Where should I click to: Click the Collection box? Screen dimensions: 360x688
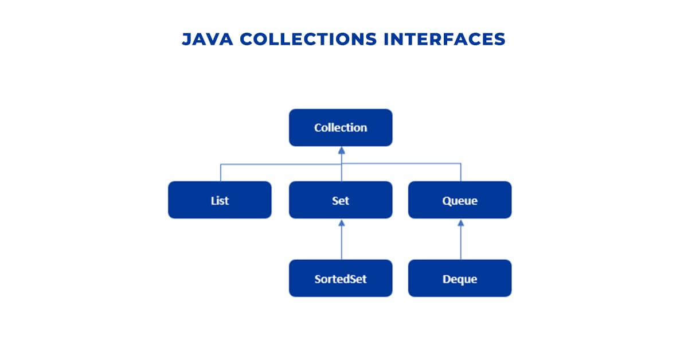[x=341, y=127]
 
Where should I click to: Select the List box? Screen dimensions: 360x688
[x=220, y=200]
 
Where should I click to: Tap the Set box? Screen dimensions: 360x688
[x=341, y=200]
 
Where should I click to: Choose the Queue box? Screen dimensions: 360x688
[x=460, y=200]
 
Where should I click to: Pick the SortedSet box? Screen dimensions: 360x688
[x=341, y=279]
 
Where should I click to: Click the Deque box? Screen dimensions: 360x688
[x=460, y=279]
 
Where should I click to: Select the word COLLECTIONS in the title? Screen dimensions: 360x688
[x=309, y=39]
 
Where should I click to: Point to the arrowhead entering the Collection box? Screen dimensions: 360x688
[x=342, y=150]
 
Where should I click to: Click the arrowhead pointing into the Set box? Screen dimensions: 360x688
[x=342, y=222]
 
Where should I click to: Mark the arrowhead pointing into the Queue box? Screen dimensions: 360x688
[x=460, y=222]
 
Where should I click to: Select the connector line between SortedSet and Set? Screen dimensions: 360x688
[x=342, y=244]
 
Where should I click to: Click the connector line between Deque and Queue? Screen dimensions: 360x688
[x=460, y=244]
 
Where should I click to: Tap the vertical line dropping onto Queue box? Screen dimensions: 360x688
[x=460, y=173]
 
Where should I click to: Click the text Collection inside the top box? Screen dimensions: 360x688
[x=341, y=128]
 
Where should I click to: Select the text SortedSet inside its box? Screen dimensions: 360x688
[x=341, y=279]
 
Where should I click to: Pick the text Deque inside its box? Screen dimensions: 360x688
[x=460, y=279]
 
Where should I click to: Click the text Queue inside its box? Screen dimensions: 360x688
[x=460, y=201]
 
